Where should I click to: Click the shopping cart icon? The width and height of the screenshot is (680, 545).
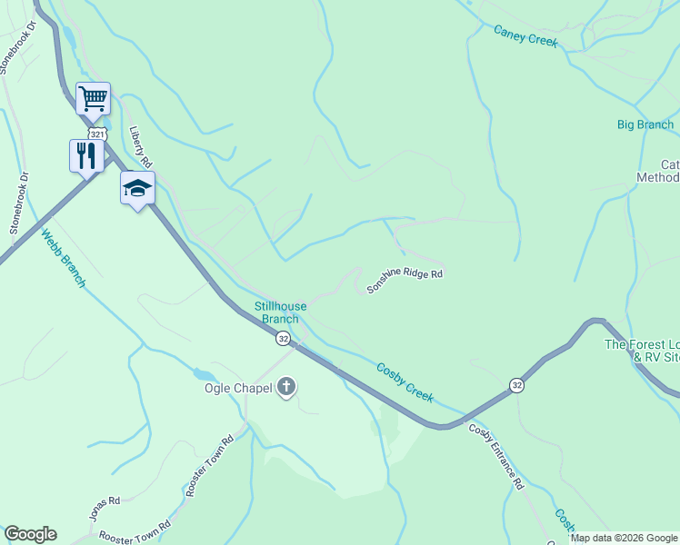(x=93, y=98)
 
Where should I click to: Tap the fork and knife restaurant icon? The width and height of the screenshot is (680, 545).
(x=86, y=155)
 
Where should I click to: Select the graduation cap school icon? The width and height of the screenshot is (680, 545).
(x=137, y=188)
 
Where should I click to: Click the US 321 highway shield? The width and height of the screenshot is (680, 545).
(x=99, y=134)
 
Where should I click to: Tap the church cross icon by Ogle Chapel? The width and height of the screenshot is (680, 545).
(x=286, y=388)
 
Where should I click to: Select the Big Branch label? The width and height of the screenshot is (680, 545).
(x=645, y=124)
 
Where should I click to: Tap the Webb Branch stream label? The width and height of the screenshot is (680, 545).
(x=63, y=258)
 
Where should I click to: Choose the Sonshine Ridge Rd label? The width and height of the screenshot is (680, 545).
(x=405, y=281)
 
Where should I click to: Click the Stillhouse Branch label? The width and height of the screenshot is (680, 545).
(x=280, y=312)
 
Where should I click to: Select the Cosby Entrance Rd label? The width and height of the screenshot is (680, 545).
(x=496, y=457)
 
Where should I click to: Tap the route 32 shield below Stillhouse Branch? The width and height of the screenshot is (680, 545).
(x=285, y=339)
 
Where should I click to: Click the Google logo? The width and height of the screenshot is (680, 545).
(x=30, y=534)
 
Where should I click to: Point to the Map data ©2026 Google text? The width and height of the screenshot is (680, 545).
(x=624, y=538)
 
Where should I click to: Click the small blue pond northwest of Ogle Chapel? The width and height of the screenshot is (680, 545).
(x=205, y=374)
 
